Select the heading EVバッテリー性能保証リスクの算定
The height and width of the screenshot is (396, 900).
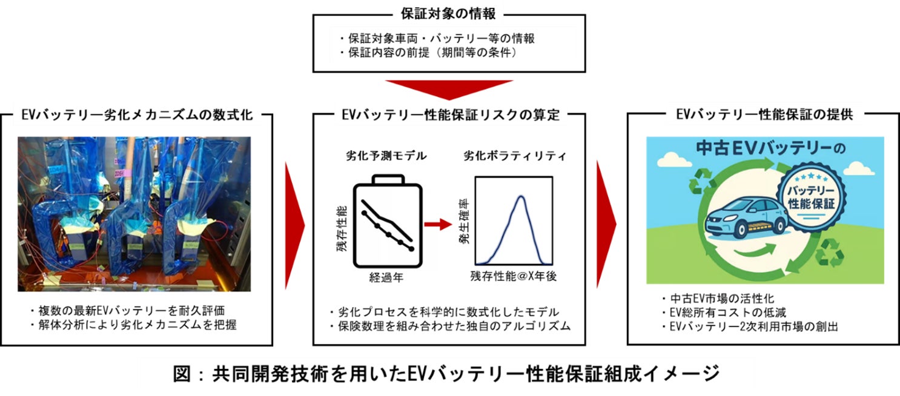pos(448,114)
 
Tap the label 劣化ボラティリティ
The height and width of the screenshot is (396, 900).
pos(515,156)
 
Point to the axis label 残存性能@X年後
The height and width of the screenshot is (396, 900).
pos(513,277)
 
